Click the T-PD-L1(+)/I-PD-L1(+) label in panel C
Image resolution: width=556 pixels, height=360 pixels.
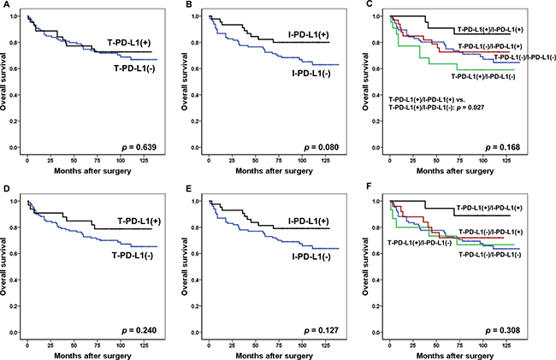click(502, 29)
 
